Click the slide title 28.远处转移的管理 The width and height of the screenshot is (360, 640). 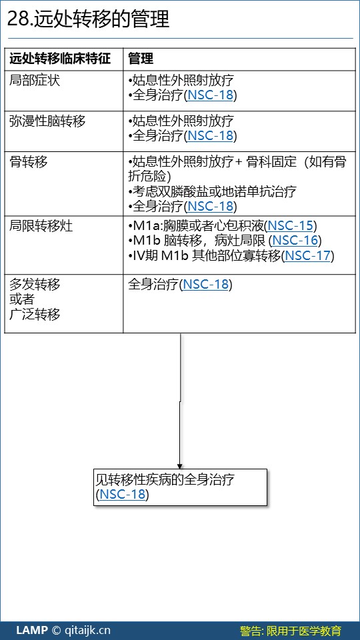[x=88, y=19]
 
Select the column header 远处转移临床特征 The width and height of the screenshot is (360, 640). [x=61, y=59]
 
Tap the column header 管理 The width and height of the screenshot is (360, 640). [x=141, y=59]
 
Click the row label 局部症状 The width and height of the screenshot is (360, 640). [x=35, y=81]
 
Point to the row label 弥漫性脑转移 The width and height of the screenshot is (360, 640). [x=47, y=121]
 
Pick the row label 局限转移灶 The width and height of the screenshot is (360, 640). [x=41, y=226]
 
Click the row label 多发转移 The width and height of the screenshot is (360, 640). [x=35, y=284]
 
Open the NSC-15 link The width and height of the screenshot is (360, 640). [x=290, y=226]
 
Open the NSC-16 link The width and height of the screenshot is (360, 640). [x=295, y=241]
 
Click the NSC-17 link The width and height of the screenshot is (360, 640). [x=307, y=255]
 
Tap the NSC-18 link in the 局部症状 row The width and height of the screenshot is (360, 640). [x=210, y=95]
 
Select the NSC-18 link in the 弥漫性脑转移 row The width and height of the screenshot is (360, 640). [x=210, y=135]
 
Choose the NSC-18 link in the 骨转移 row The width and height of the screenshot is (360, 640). [x=210, y=206]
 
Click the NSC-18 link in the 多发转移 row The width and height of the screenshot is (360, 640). [x=205, y=284]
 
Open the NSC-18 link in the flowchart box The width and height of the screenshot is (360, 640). [x=123, y=494]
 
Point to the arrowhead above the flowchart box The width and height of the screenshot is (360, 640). [x=179, y=466]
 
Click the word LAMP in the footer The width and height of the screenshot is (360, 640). [x=32, y=630]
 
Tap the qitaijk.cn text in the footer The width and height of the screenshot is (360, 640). [x=87, y=630]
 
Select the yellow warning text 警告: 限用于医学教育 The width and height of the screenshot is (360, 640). [x=291, y=631]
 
